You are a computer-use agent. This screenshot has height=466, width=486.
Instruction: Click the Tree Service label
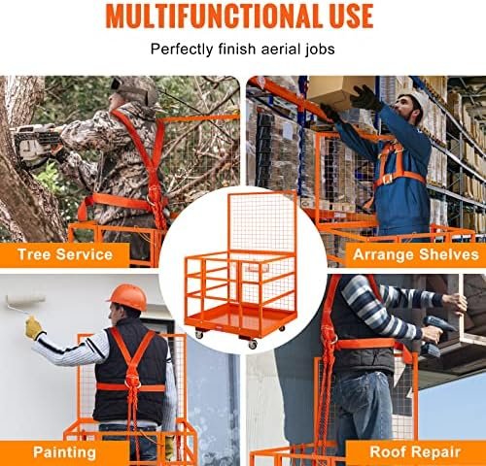point(65,254)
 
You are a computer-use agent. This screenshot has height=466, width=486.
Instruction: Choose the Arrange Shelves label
point(416,254)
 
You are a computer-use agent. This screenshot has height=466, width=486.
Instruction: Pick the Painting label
point(64,452)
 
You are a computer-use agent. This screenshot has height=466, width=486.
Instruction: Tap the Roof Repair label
point(415,451)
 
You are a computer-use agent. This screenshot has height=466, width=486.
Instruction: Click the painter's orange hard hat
point(128,297)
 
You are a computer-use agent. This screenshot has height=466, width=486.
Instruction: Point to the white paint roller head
point(25,300)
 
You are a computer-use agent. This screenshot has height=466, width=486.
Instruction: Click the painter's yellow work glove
point(34,327)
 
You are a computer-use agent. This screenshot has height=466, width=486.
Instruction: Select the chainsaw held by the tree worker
point(36,141)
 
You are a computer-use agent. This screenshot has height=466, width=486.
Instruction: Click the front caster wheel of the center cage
point(253,345)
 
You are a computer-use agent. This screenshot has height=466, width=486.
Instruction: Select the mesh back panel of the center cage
point(261,223)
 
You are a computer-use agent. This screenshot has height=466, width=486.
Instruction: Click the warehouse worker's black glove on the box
point(366,97)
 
